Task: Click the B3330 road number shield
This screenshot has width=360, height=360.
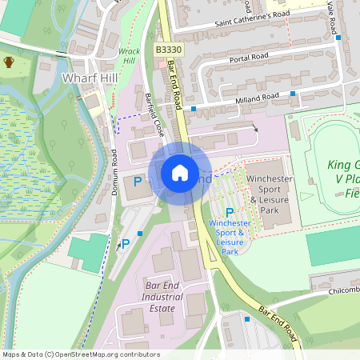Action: point(168,50)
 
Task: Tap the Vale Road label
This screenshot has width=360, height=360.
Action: point(330,16)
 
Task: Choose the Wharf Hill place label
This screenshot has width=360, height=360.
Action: point(90,78)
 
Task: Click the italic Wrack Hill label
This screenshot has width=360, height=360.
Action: point(129,56)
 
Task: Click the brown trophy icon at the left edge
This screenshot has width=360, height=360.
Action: point(9,62)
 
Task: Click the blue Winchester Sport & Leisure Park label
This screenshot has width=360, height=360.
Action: point(230,237)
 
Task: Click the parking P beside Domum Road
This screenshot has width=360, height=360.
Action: point(137,182)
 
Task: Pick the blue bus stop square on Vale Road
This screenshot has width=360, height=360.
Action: point(338,37)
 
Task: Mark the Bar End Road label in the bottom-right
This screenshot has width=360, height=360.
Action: point(277,323)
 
